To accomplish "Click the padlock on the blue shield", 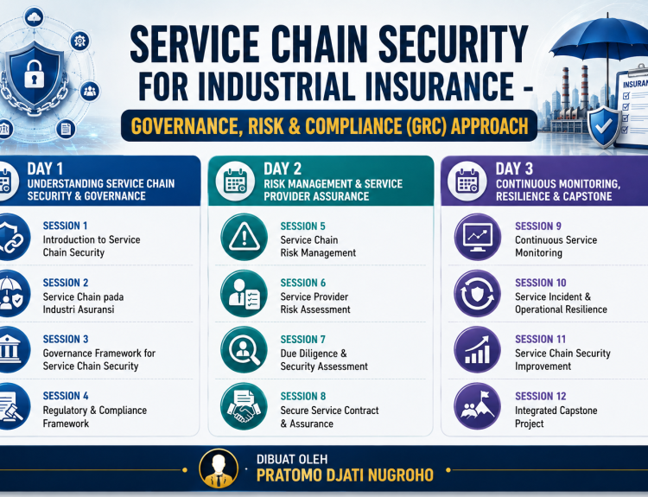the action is pyautogui.click(x=34, y=74).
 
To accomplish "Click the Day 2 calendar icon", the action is pyautogui.click(x=235, y=182).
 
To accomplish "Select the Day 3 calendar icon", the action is pyautogui.click(x=467, y=182).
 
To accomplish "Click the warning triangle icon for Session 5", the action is pyautogui.click(x=245, y=237).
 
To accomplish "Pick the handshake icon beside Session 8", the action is pyautogui.click(x=245, y=406).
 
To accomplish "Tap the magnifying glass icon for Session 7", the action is pyautogui.click(x=245, y=350).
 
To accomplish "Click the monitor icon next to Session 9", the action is pyautogui.click(x=478, y=237).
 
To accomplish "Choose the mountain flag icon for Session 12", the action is pyautogui.click(x=478, y=406).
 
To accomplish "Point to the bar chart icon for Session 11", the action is pyautogui.click(x=478, y=350).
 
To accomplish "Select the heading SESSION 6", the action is pyautogui.click(x=303, y=283).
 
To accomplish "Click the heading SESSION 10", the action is pyautogui.click(x=541, y=283).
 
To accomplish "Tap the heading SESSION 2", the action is pyautogui.click(x=66, y=283).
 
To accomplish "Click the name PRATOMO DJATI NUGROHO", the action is pyautogui.click(x=345, y=475).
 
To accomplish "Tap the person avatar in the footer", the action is pyautogui.click(x=219, y=468).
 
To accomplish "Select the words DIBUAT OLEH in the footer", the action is pyautogui.click(x=292, y=459).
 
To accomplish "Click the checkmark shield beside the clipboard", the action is pyautogui.click(x=604, y=127).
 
